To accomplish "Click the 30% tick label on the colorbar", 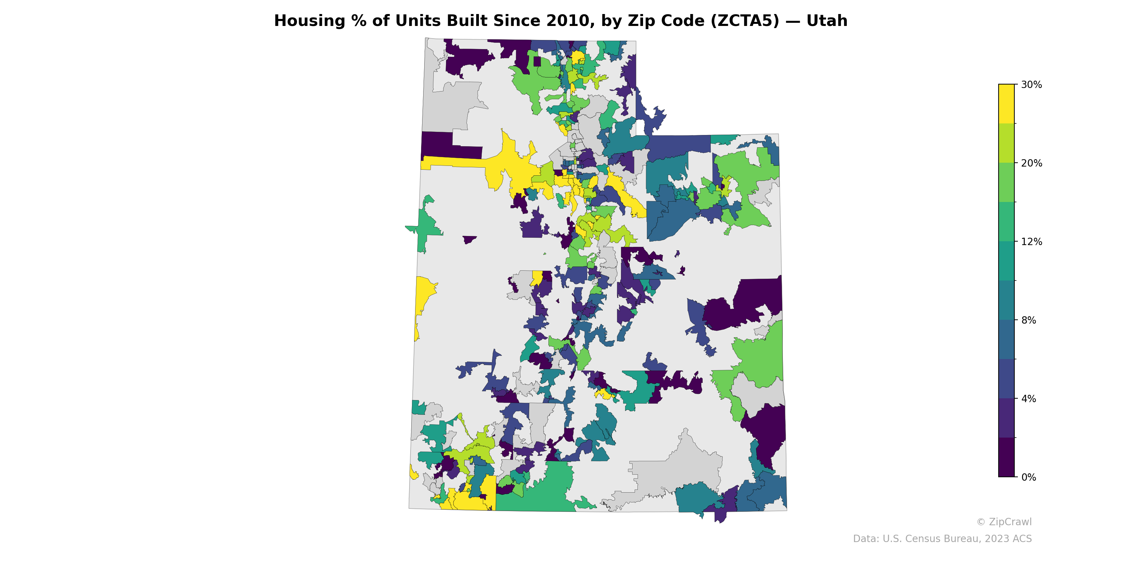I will coord(1032,85).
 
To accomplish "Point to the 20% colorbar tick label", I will coord(1032,163).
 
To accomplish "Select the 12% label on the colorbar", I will coord(1032,242).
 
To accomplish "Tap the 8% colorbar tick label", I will coord(1028,320).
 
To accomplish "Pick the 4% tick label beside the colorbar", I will coord(1028,399).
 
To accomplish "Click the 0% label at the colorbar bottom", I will coord(1028,477).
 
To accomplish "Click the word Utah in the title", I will coord(827,21).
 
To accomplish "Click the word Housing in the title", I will coord(309,21).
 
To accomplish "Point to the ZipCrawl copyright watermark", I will coord(1004,522).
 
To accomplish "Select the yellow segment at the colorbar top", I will coord(1006,104).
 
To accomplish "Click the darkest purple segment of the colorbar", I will coord(1006,457).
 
